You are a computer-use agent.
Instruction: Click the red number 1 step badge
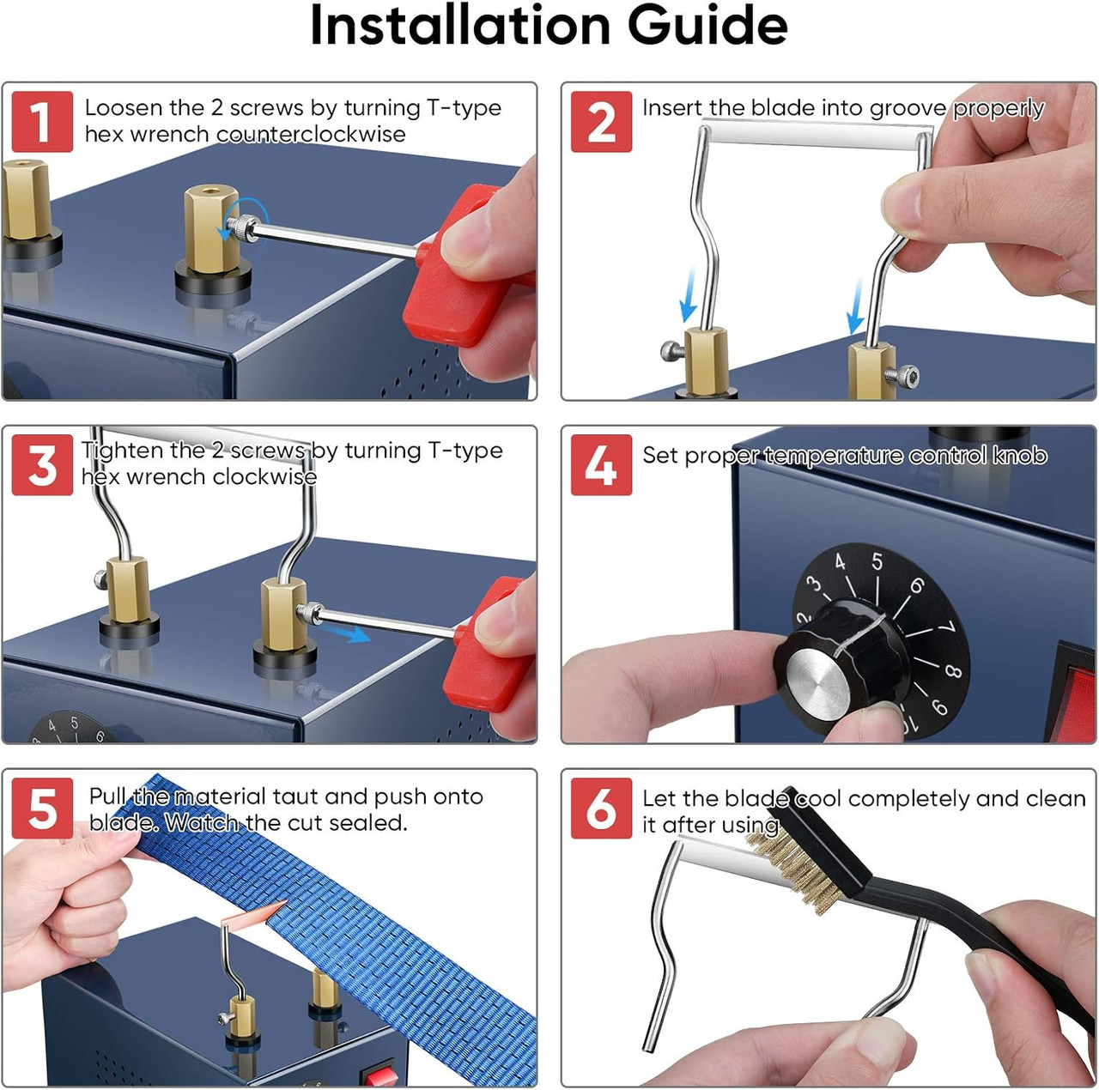point(42,121)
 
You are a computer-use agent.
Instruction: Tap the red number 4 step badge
point(601,464)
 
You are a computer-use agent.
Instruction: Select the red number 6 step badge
point(601,808)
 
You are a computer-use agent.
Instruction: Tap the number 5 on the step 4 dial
point(877,561)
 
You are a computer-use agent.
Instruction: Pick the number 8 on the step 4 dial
point(952,670)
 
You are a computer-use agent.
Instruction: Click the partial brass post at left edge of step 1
point(24,202)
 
